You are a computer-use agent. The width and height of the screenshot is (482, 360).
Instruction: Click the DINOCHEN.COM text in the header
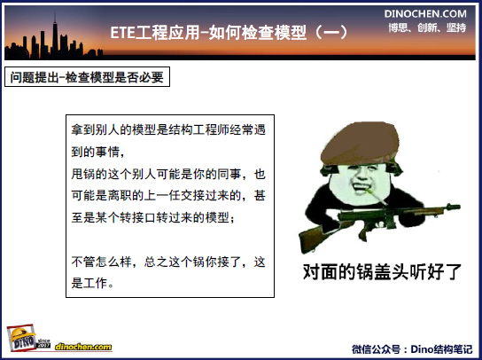click(x=425, y=13)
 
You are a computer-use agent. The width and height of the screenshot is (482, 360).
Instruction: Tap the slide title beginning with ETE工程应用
click(x=229, y=32)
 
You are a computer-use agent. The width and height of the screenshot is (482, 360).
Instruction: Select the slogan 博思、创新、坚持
click(x=427, y=27)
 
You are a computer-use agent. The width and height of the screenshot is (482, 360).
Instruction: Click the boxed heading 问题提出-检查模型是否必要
click(x=87, y=77)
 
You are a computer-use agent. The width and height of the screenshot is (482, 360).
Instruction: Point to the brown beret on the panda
click(x=360, y=143)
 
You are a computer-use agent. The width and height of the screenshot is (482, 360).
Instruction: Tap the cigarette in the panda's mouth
click(x=376, y=196)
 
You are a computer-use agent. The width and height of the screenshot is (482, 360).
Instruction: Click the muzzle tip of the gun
click(x=459, y=207)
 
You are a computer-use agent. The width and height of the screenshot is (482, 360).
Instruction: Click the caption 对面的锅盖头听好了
click(x=382, y=271)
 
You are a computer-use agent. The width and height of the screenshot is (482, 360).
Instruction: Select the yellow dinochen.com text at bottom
click(x=83, y=347)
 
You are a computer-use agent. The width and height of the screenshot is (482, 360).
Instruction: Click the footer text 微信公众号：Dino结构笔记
click(x=412, y=349)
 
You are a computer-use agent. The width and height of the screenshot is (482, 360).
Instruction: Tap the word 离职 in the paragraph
click(x=120, y=196)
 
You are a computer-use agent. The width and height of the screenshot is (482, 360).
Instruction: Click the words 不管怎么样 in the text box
click(x=101, y=262)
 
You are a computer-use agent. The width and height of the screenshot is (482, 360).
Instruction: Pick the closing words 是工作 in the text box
click(x=89, y=283)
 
